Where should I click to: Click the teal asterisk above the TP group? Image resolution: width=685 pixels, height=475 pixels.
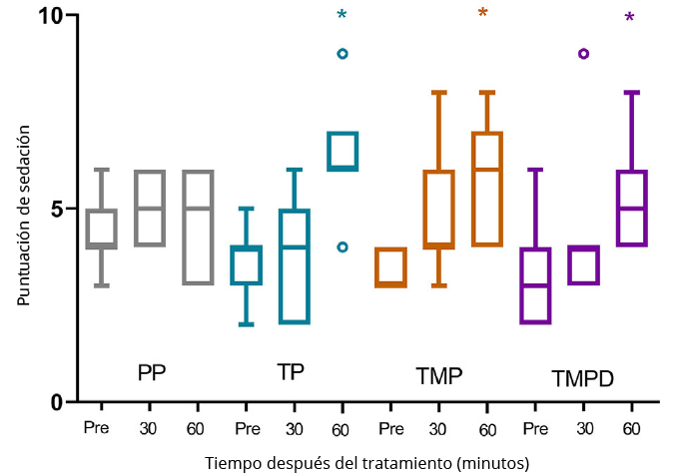pyautogui.click(x=342, y=15)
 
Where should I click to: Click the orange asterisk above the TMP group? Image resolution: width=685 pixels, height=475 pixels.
pyautogui.click(x=483, y=14)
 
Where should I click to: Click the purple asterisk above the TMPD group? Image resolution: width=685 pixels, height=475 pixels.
pyautogui.click(x=629, y=18)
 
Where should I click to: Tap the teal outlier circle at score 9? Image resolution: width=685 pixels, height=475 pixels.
pyautogui.click(x=342, y=54)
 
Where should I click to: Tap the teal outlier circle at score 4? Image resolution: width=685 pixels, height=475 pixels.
pyautogui.click(x=342, y=246)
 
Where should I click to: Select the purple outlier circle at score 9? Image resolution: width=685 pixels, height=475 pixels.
pyautogui.click(x=584, y=54)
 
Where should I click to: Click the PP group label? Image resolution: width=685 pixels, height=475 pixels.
pyautogui.click(x=152, y=373)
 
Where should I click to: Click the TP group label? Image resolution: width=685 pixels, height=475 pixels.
pyautogui.click(x=291, y=372)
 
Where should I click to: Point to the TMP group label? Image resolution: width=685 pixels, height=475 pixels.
pyautogui.click(x=439, y=376)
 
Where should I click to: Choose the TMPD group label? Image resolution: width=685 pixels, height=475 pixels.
pyautogui.click(x=582, y=379)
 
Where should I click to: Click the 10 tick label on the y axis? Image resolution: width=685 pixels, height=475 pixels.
pyautogui.click(x=51, y=17)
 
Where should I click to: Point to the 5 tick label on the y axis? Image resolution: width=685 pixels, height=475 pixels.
pyautogui.click(x=57, y=210)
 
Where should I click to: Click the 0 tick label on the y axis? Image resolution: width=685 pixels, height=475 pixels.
pyautogui.click(x=57, y=402)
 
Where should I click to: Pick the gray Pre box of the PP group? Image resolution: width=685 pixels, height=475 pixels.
pyautogui.click(x=100, y=229)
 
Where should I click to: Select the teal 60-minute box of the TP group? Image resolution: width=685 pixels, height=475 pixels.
pyautogui.click(x=342, y=152)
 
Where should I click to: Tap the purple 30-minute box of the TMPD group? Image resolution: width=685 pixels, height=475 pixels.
pyautogui.click(x=584, y=265)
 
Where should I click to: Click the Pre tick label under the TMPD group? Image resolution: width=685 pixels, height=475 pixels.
pyautogui.click(x=535, y=428)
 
